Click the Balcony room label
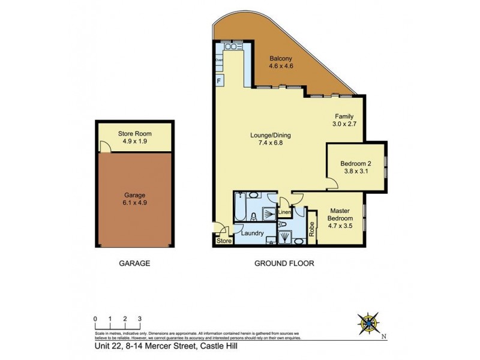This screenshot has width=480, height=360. (x=281, y=58)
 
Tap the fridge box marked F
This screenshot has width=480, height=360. (x=219, y=81)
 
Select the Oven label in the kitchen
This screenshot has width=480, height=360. (x=219, y=60)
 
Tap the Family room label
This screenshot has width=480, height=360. (x=344, y=116)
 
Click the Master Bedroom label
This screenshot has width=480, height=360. (x=340, y=214)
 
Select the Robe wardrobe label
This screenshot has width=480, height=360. (x=312, y=228)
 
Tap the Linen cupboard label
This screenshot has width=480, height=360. (x=285, y=211)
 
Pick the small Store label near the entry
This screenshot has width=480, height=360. (x=223, y=242)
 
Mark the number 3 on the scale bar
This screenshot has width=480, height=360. (x=139, y=319)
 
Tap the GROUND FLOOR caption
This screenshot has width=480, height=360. (x=284, y=263)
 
